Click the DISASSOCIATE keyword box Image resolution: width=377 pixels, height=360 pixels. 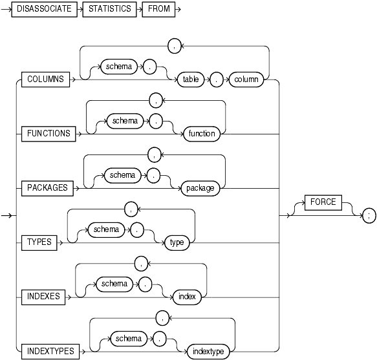(x=43, y=12)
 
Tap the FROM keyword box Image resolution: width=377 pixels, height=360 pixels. (x=156, y=12)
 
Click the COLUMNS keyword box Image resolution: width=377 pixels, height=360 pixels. (x=45, y=79)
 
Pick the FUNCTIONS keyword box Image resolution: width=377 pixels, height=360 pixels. (x=49, y=134)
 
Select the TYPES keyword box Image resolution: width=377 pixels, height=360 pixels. (x=39, y=242)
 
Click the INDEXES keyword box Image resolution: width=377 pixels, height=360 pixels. (x=44, y=297)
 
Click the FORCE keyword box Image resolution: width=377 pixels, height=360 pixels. (x=323, y=202)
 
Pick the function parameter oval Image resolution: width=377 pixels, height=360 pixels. (x=201, y=134)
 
